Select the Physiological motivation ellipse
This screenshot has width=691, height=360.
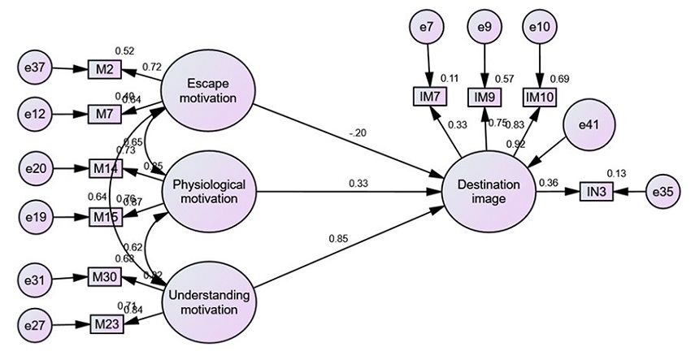pyautogui.click(x=210, y=192)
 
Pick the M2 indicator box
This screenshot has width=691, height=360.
pyautogui.click(x=103, y=69)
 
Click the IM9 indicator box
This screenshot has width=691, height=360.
pyautogui.click(x=485, y=98)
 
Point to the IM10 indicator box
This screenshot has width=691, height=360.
pyautogui.click(x=539, y=98)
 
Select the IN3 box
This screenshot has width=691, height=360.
pyautogui.click(x=598, y=193)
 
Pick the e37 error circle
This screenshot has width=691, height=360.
pyautogui.click(x=35, y=69)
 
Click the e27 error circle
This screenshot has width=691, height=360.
pyautogui.click(x=35, y=324)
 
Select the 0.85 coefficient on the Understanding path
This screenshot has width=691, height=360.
pyautogui.click(x=338, y=238)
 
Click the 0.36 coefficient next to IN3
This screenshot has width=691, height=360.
pyautogui.click(x=548, y=183)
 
